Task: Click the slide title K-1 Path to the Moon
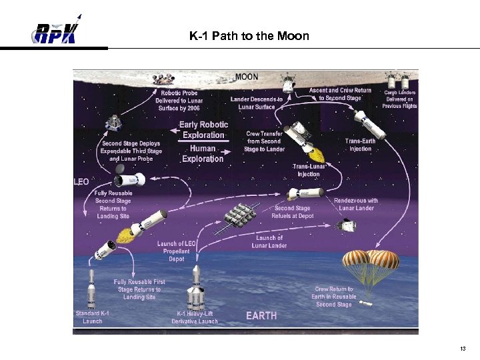coord(249,36)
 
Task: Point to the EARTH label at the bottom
coord(261,315)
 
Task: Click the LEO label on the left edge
coord(81,181)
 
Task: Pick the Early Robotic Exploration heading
coord(205,129)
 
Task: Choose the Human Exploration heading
coord(203,153)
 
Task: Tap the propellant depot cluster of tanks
coord(237,215)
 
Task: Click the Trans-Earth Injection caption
coord(361,145)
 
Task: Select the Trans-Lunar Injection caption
coord(308,170)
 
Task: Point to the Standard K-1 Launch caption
coord(92,317)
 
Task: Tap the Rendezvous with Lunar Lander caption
coord(355,204)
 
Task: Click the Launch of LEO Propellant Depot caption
coord(177,251)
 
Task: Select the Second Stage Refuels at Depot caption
coord(293,212)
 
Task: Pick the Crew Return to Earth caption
coord(334,297)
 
